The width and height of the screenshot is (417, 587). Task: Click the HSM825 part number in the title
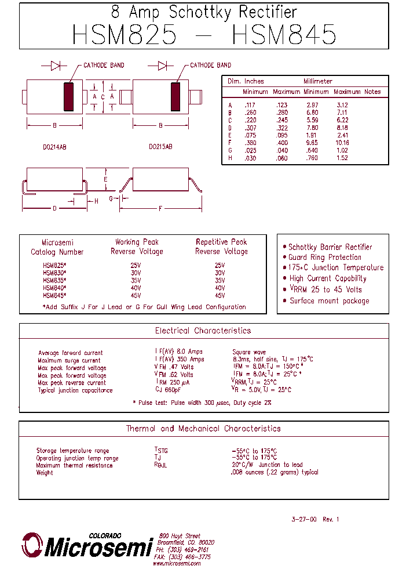pos(125,34)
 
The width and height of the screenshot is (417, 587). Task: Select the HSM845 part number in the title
pos(284,34)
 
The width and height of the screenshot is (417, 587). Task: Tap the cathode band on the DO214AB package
pos(69,96)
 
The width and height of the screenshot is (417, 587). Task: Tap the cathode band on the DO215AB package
pos(175,96)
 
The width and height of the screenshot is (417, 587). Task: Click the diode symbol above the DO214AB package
pos(56,66)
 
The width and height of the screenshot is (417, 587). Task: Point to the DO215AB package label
pos(160,147)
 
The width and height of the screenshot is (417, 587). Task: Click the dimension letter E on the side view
pos(105,179)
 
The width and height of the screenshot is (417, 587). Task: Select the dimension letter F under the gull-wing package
pos(160,208)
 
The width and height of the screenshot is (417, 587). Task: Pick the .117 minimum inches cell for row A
pos(250,106)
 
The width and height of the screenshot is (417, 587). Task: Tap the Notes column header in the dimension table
pos(372,92)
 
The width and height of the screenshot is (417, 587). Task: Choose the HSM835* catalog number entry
pos(54,280)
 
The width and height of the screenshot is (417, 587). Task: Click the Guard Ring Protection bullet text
pos(325,257)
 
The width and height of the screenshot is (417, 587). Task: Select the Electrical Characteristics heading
pos(203,331)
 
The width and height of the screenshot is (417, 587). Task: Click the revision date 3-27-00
pos(304,519)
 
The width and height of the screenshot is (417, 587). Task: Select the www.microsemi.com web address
pos(177,563)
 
